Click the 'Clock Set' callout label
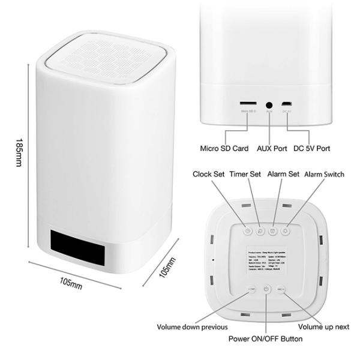pos(209,175)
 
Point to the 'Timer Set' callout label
pos(245,175)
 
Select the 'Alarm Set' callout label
pos(283,175)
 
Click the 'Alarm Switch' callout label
pos(324,175)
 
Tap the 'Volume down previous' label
pos(192,327)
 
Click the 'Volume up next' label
pos(323,327)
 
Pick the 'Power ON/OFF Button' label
pos(266,339)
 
